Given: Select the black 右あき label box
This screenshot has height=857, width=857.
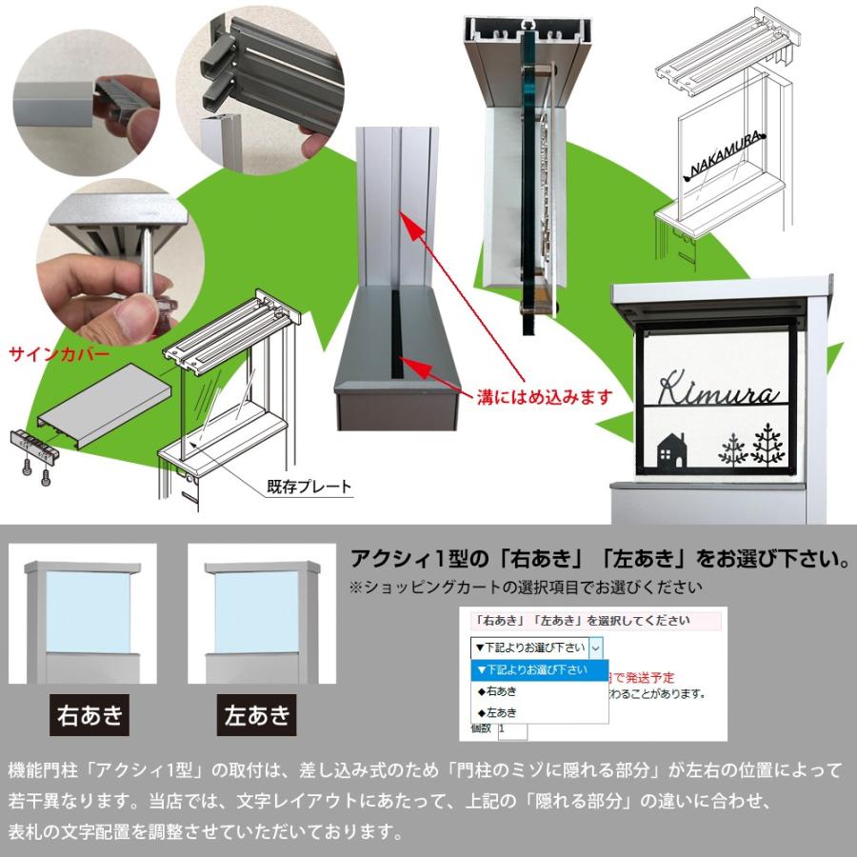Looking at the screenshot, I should point(90,714).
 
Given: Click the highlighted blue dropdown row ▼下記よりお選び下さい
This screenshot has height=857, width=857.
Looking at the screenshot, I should point(538,670).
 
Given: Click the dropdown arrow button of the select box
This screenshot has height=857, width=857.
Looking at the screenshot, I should point(596,648).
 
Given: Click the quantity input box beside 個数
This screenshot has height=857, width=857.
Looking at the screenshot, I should point(512,730).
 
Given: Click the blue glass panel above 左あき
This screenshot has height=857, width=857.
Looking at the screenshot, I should point(256,609).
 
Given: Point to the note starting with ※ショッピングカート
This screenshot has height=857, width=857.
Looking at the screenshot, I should point(526,587).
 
